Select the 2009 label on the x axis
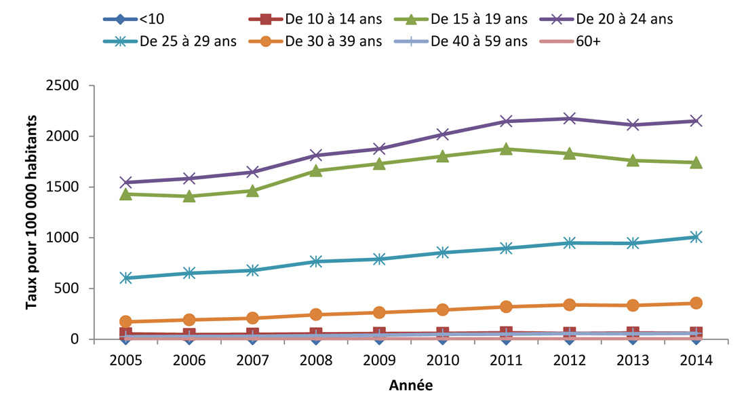(378, 359)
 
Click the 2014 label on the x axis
(696, 359)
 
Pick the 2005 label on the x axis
(125, 359)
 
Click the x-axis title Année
(411, 386)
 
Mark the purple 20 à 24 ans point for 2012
(570, 119)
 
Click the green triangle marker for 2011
(506, 149)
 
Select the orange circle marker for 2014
(696, 303)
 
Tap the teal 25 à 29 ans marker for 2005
(125, 278)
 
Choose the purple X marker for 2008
(316, 155)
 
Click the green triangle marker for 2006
(189, 196)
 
